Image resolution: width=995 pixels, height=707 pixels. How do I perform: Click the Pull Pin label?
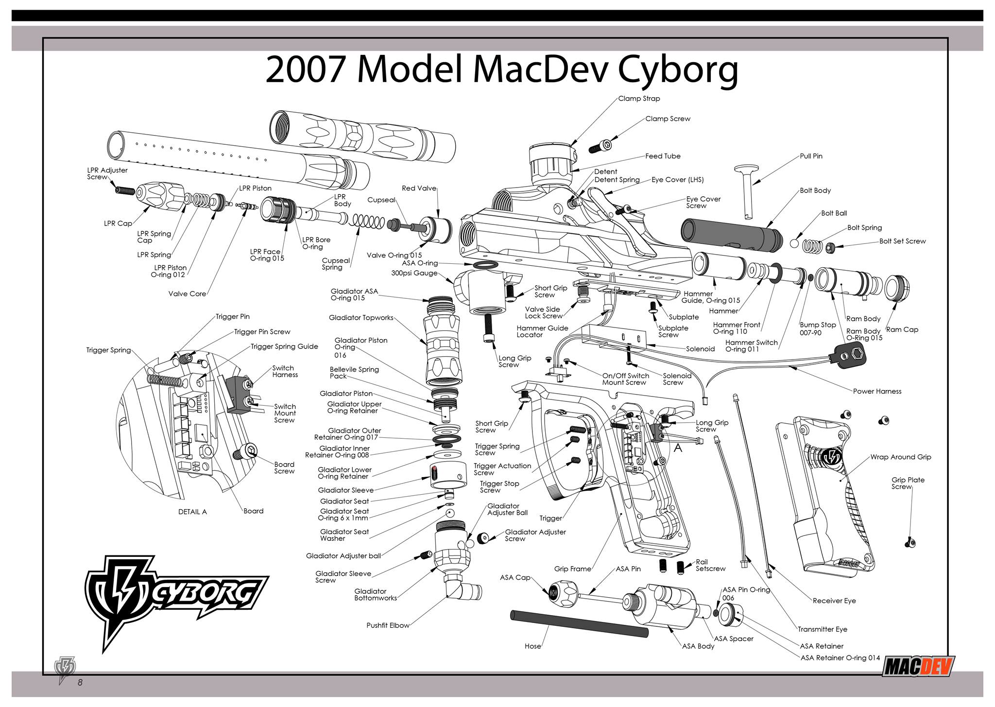click(811, 156)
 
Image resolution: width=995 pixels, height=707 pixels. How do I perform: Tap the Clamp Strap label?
click(639, 98)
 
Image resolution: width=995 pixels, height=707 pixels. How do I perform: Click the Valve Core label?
click(187, 293)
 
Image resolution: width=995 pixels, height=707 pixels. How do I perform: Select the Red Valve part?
click(435, 229)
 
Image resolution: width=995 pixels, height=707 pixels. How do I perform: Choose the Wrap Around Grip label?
click(900, 457)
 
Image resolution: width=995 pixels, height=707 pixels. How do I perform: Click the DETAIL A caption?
click(192, 512)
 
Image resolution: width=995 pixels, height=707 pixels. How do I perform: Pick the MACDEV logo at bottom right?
click(918, 666)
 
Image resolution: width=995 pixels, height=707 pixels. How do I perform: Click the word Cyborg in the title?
click(678, 69)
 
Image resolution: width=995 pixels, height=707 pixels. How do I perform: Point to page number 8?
click(80, 683)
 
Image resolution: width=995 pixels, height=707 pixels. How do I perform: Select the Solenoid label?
click(700, 349)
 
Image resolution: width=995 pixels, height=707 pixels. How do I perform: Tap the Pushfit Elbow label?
click(388, 625)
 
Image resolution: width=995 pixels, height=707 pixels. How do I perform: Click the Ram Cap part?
click(897, 288)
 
